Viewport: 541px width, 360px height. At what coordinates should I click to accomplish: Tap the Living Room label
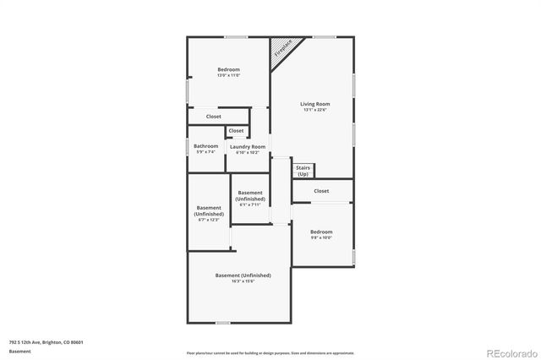[314, 104]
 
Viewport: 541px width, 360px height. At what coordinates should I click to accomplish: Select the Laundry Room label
[248, 147]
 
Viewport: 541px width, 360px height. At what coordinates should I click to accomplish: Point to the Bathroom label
[206, 146]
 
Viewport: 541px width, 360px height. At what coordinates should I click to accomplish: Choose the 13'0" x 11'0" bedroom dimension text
[228, 76]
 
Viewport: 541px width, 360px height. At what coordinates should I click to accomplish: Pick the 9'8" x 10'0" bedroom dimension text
[321, 237]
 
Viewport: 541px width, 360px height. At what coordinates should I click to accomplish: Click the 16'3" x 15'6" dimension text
[243, 281]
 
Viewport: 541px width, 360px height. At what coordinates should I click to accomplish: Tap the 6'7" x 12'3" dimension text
[208, 220]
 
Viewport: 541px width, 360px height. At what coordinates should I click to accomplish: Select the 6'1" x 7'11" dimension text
[250, 205]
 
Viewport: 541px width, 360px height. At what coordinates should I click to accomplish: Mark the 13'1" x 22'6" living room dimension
[314, 110]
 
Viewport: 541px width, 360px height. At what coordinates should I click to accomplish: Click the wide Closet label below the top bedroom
[214, 117]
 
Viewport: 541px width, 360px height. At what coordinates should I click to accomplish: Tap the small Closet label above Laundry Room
[236, 131]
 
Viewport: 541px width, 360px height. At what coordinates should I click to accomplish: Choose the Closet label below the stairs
[321, 191]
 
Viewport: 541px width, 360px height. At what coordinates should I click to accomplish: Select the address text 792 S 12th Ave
[46, 342]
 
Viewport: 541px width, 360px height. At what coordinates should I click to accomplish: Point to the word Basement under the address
[19, 351]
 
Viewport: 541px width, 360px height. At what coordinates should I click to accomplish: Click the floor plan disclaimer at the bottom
[270, 352]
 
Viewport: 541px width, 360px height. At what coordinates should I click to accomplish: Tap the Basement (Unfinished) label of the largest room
[243, 275]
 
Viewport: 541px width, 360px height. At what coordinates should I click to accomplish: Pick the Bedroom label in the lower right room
[321, 232]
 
